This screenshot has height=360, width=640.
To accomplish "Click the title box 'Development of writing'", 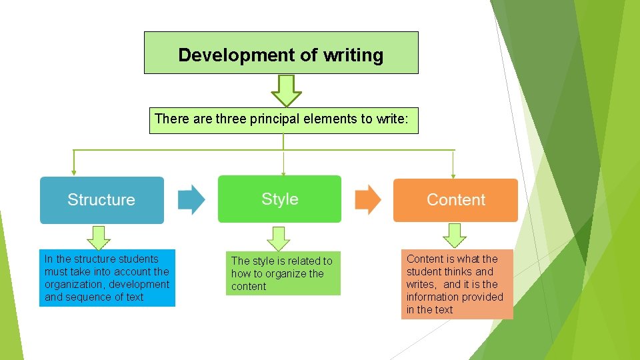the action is [x=281, y=53].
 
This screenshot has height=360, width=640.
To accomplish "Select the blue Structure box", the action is [x=101, y=199].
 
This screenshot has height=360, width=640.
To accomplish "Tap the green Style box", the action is [x=279, y=199].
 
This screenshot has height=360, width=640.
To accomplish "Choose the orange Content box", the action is [x=455, y=199].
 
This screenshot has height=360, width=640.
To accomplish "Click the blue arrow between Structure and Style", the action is [x=192, y=199].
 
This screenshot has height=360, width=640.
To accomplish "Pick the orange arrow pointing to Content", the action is [x=367, y=199].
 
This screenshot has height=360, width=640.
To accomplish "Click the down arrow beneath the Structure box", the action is [x=99, y=237].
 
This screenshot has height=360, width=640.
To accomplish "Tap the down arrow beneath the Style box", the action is [x=279, y=238].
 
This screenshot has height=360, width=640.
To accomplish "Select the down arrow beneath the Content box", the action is [x=455, y=235].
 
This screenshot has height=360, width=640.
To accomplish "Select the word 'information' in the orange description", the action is [x=435, y=297].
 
